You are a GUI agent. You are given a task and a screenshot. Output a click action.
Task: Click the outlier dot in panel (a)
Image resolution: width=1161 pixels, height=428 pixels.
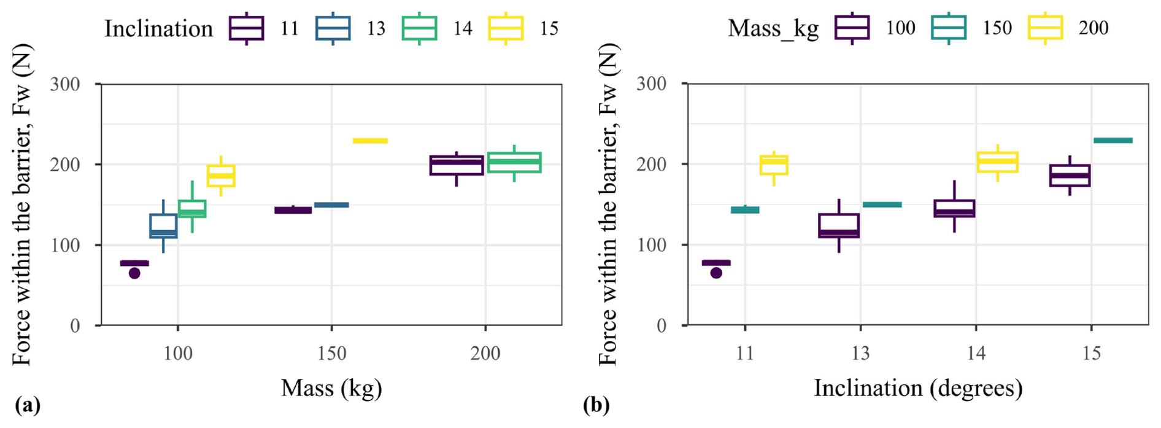pos(134,273)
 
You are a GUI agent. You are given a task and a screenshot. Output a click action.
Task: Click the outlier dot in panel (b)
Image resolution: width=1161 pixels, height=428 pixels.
pos(716,273)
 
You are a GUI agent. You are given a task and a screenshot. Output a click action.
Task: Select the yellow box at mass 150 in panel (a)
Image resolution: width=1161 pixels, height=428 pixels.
pos(370,141)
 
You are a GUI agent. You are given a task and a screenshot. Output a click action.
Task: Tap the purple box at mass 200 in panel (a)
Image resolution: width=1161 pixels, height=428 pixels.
pos(457,165)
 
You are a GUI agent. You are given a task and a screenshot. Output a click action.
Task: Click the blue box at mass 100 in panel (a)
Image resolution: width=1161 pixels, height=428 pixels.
pos(163,226)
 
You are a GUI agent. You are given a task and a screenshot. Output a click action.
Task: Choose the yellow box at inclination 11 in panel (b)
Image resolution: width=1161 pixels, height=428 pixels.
pos(774,165)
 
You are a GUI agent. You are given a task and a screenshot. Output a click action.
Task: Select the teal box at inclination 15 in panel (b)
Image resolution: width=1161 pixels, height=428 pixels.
pos(1113,141)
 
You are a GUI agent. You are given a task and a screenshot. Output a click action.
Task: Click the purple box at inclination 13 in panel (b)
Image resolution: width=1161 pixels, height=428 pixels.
pos(839,225)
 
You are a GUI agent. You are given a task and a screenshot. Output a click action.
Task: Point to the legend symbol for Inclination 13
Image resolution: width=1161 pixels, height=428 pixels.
pos(333,28)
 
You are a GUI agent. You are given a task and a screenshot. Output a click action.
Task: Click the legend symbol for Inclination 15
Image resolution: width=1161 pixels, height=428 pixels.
pos(506,28)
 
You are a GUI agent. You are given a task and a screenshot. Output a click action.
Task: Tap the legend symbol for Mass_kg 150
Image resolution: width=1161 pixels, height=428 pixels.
pos(949,28)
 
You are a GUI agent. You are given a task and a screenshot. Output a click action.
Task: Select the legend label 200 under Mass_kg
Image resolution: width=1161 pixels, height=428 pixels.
pos(1093,28)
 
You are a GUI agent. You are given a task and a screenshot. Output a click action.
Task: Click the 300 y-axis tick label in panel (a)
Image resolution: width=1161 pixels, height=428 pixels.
pos(65,84)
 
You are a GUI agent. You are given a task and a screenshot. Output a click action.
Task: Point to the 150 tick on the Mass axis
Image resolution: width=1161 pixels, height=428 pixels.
pos(332,354)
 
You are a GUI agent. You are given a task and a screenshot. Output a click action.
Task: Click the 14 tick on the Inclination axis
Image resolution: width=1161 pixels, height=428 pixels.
pos(976,354)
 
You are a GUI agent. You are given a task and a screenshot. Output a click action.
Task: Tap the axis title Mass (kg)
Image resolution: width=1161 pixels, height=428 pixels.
pos(331,388)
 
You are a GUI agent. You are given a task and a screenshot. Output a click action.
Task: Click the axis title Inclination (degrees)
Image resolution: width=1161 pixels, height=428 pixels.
pos(918,388)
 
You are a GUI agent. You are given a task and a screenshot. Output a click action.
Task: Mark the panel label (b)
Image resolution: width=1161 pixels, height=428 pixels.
pos(596,405)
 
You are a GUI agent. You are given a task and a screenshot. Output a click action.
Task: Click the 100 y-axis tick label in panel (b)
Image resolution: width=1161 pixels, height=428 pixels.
pos(652,245)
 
